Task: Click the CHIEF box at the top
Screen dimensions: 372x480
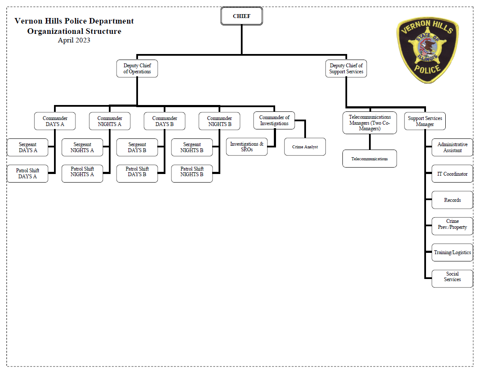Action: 241,16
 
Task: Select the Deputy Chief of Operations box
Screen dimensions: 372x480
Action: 137,69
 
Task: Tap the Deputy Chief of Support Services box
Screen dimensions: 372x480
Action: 346,69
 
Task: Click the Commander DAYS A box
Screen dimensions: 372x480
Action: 55,121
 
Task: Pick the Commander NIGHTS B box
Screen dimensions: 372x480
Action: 219,121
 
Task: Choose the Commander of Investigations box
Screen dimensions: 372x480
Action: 274,120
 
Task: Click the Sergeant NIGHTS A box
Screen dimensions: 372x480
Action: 82,147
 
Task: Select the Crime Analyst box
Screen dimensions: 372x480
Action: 305,147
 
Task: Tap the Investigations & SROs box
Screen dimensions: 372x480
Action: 246,147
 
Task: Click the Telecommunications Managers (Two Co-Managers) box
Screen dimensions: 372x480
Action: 370,123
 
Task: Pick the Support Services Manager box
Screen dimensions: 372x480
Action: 425,121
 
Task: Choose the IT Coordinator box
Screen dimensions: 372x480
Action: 452,174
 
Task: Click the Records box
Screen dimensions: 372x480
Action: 452,200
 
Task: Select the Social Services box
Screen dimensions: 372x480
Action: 452,277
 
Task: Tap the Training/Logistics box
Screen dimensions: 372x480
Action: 452,252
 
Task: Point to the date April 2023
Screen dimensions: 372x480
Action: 74,41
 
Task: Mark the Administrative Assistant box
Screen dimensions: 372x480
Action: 452,147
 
